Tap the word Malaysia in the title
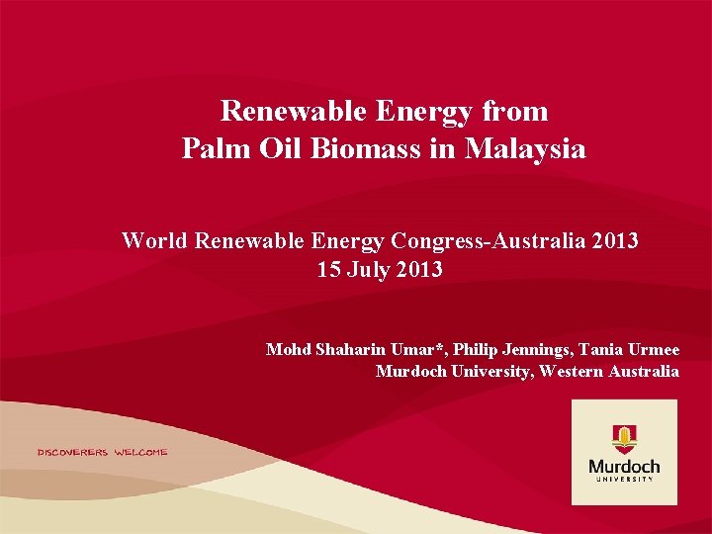click(x=525, y=149)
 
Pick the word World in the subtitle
click(x=154, y=240)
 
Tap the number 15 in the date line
click(x=330, y=269)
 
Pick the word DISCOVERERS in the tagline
click(x=72, y=452)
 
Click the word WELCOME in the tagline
click(x=140, y=452)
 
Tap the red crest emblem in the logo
click(x=624, y=437)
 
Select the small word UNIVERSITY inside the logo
click(x=624, y=479)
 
